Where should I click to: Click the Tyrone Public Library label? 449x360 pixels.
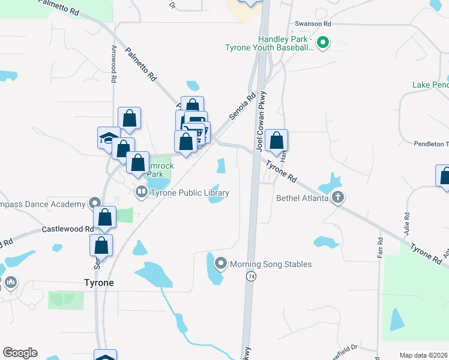(190, 193)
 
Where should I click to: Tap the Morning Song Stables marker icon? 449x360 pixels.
(220, 263)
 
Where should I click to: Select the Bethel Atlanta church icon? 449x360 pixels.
(339, 197)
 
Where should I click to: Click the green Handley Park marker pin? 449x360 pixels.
(322, 43)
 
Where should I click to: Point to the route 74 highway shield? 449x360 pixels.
(250, 276)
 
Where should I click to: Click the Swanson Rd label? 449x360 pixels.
(313, 23)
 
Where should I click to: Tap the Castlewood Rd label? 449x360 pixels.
(67, 229)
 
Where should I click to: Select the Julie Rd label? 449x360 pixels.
(406, 223)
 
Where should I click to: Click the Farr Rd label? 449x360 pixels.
(380, 248)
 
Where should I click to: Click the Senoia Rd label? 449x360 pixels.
(242, 105)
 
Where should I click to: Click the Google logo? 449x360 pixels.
(20, 353)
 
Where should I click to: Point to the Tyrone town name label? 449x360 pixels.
(98, 283)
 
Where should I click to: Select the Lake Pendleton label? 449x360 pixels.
(430, 85)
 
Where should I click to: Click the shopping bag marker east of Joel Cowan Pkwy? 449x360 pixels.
(276, 140)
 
